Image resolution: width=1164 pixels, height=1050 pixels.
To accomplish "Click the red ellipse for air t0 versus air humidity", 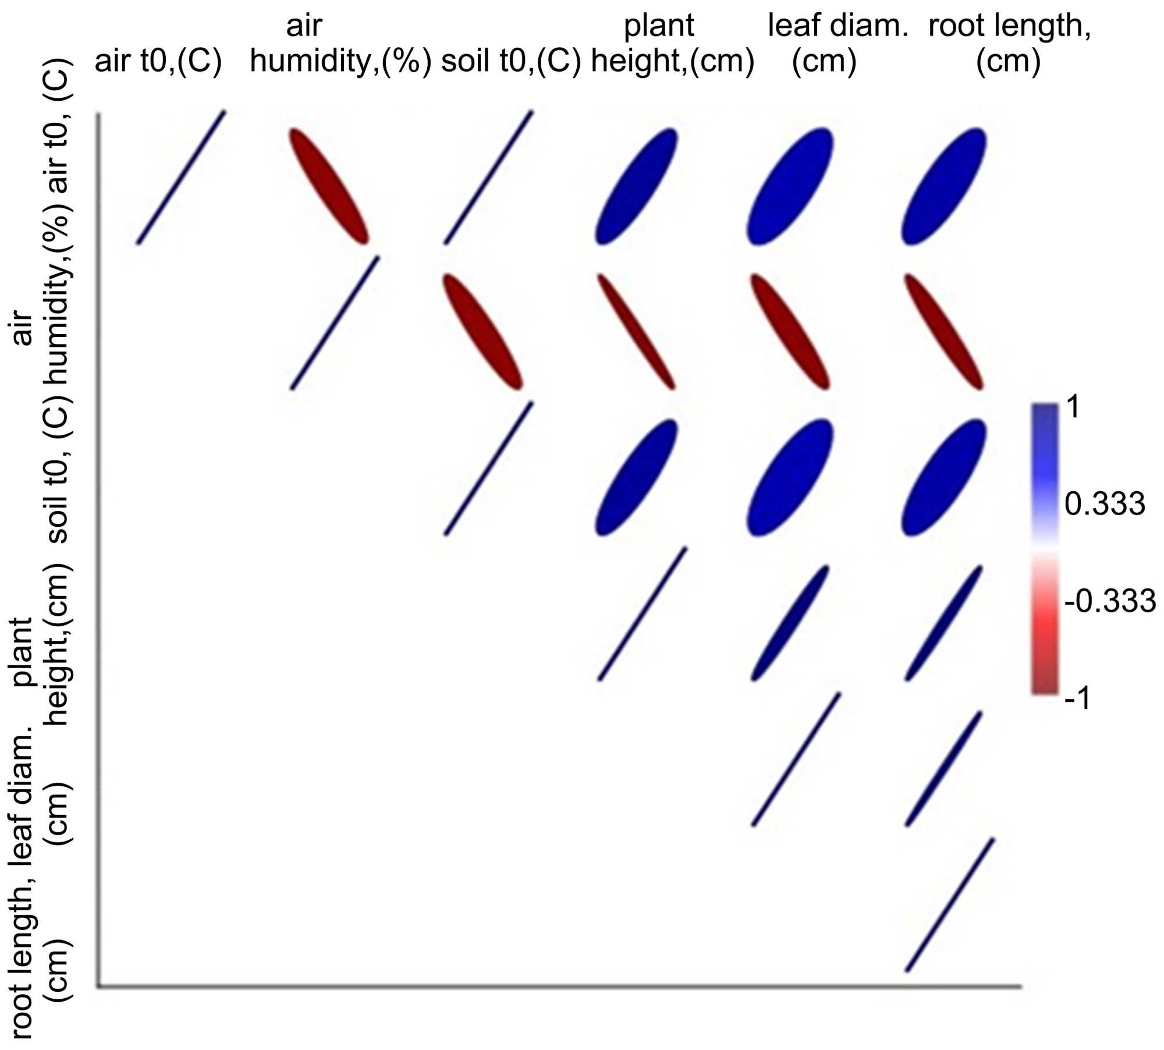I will pyautogui.click(x=329, y=186).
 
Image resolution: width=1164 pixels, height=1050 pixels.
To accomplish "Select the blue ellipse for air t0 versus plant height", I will pyautogui.click(x=636, y=186).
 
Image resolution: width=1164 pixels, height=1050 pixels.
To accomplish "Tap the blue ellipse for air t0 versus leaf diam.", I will pyautogui.click(x=790, y=186).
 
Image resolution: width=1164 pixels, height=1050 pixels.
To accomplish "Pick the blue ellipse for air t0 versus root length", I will pyautogui.click(x=943, y=186).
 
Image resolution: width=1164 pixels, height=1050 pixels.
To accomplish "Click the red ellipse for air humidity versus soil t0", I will pyautogui.click(x=483, y=331).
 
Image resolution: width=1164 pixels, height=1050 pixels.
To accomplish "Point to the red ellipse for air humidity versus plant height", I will pyautogui.click(x=636, y=331).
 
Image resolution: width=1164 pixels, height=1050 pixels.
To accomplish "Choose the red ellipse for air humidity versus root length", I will pyautogui.click(x=943, y=331).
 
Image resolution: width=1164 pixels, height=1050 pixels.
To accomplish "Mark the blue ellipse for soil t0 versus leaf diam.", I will pyautogui.click(x=790, y=477).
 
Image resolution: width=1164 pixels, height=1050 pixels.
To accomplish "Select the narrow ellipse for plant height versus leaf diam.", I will pyautogui.click(x=790, y=622).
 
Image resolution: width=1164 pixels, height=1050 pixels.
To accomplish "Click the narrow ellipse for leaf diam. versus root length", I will pyautogui.click(x=943, y=768).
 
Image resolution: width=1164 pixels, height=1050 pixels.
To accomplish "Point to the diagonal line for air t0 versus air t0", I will pyautogui.click(x=181, y=177).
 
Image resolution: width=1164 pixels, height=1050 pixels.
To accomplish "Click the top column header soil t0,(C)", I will pyautogui.click(x=511, y=61).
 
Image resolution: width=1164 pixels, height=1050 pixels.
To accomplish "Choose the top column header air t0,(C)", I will pyautogui.click(x=158, y=61).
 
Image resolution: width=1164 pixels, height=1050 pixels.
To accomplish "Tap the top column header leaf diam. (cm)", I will pyautogui.click(x=837, y=43).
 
